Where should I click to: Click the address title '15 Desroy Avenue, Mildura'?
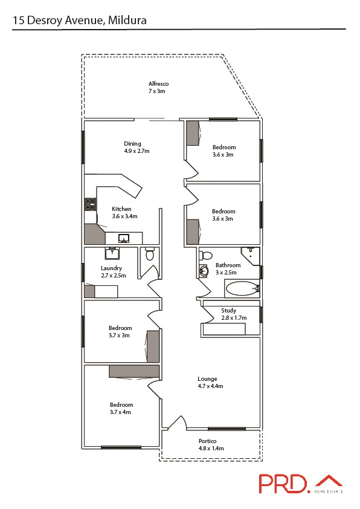pos(80,21)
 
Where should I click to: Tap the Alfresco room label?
pos(158,87)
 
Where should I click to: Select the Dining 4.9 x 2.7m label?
pos(132,148)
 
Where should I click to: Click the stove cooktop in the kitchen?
pos(91,204)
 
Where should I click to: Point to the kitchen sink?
pos(124,238)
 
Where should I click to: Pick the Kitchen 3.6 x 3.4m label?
pos(124,213)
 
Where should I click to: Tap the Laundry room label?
pos(111,272)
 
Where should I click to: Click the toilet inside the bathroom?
pos(205,255)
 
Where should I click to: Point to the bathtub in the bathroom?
pos(242,288)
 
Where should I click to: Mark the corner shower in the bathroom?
pos(251,255)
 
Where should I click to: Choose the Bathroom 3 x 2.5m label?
pos(228,268)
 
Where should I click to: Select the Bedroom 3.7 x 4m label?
pos(121,408)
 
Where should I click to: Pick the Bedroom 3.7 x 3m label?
pos(120,332)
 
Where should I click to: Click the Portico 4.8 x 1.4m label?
pos(211,445)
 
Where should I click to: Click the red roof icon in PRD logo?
pos(330,482)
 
